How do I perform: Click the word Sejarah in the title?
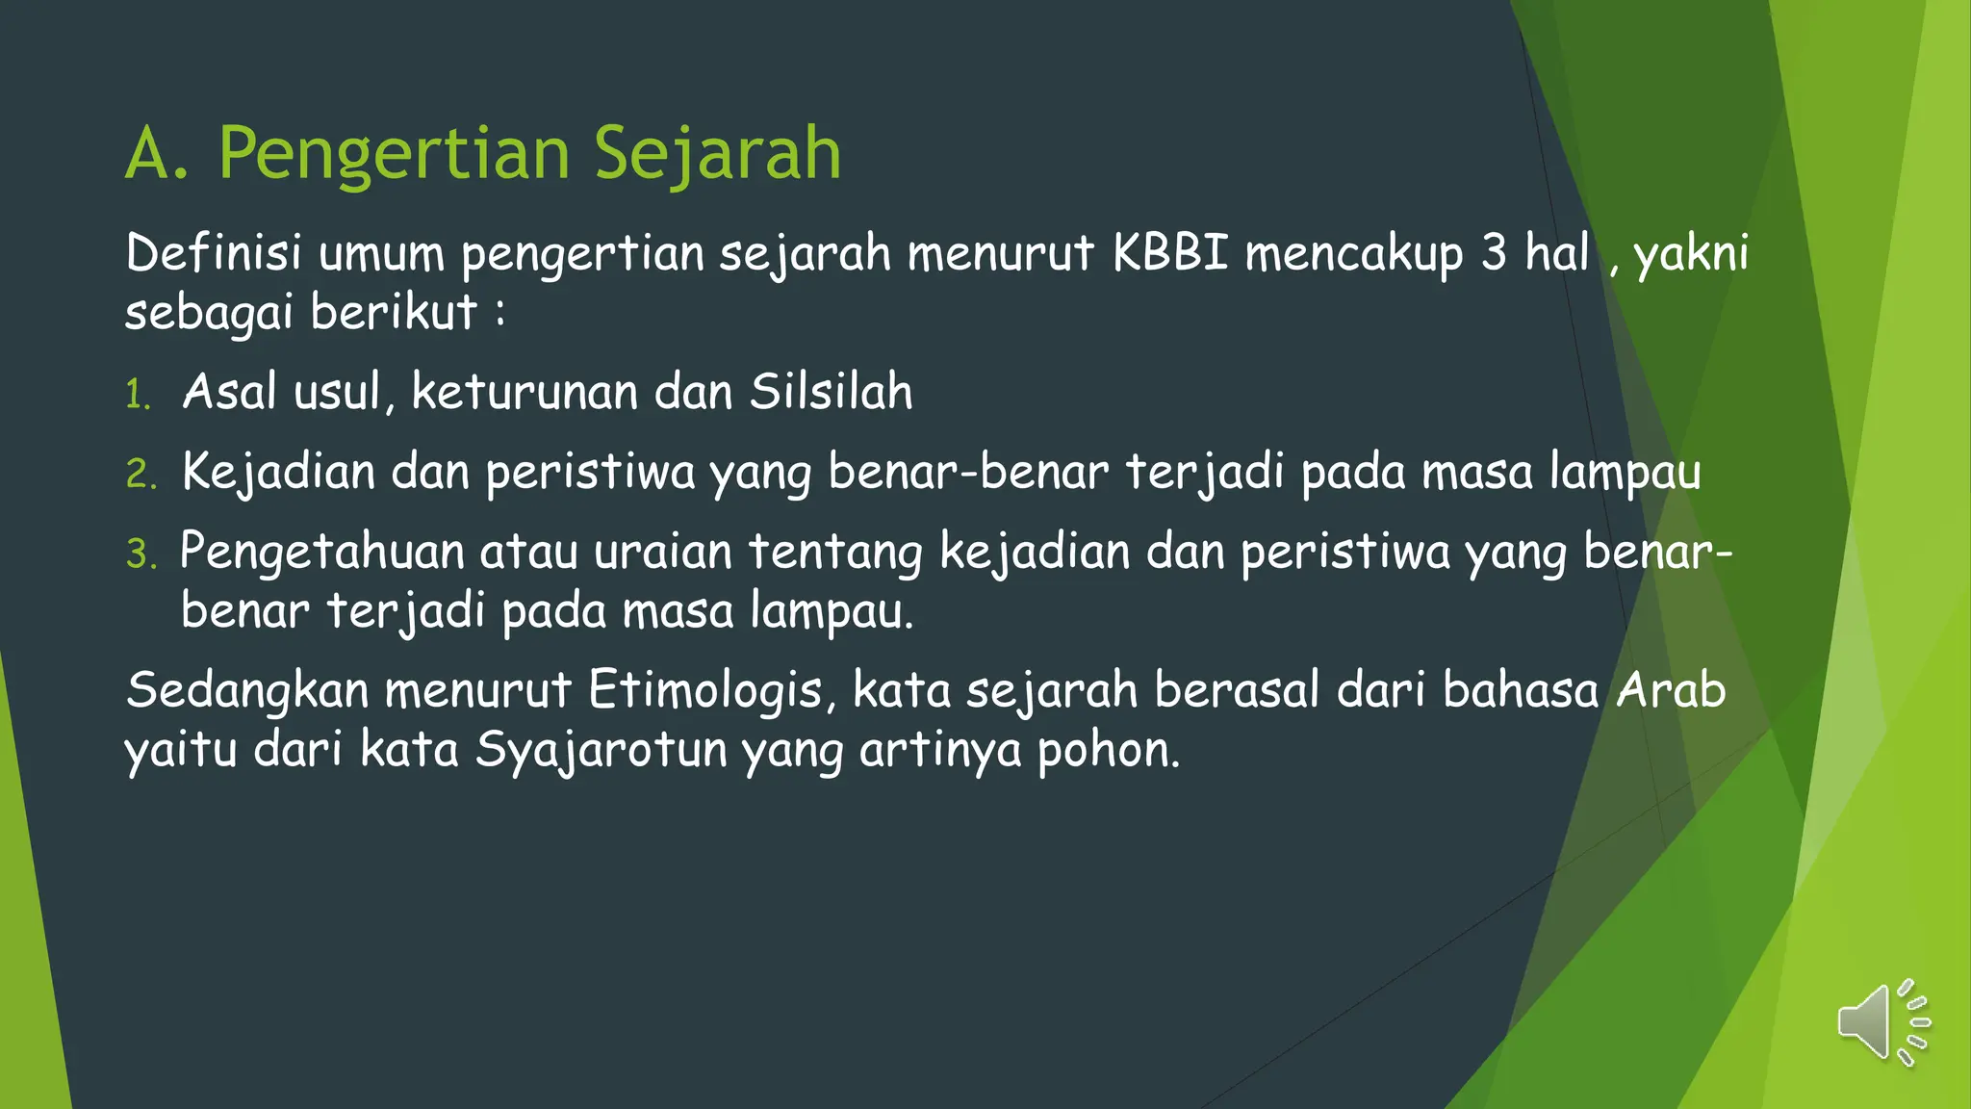717,154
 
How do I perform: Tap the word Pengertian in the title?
395,154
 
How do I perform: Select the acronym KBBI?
1170,253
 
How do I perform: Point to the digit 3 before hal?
1493,253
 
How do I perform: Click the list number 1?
138,395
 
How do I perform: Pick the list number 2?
141,475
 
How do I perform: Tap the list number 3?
141,554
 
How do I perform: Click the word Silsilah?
831,392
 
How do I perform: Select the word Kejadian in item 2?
278,473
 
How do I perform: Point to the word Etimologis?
711,691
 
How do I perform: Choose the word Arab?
1672,690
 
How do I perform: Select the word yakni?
1691,254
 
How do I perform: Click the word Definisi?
214,253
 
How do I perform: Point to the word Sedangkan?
247,691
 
